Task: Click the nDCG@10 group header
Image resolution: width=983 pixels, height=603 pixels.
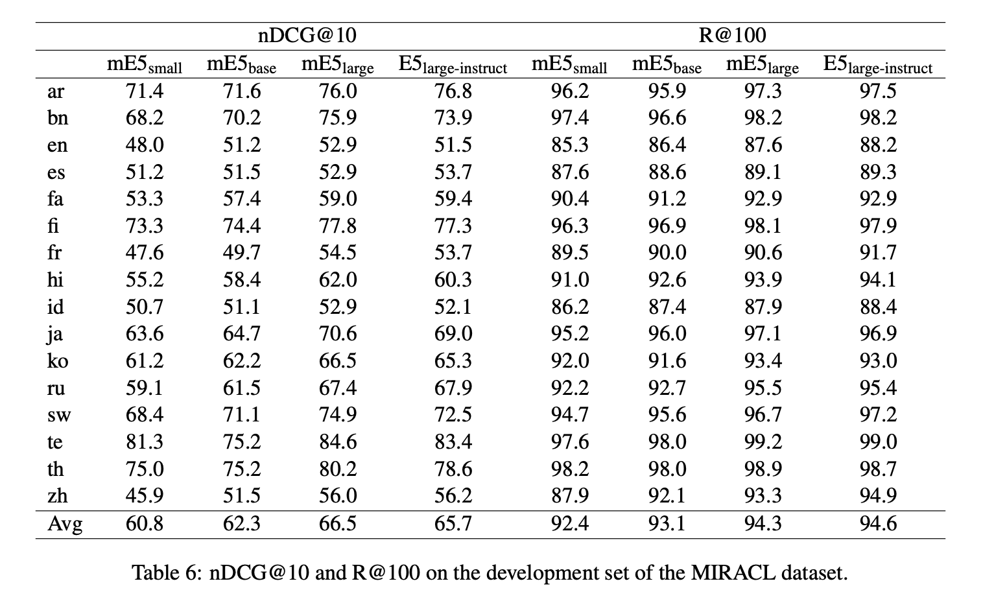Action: pos(307,35)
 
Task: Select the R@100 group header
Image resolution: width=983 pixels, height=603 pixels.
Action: pos(732,35)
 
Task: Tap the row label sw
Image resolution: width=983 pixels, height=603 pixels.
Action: pos(58,414)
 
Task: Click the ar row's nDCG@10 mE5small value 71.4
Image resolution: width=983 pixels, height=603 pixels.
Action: pos(144,91)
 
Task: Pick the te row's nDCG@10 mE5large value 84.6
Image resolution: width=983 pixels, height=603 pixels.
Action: pos(337,442)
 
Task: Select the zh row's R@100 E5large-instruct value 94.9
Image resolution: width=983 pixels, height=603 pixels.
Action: pos(878,496)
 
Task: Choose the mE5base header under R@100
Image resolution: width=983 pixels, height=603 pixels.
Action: pos(667,65)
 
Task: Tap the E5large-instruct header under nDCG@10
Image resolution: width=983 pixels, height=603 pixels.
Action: pos(453,65)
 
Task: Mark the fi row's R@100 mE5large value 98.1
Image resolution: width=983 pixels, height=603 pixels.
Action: pos(763,226)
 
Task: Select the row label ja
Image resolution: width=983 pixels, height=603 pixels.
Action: pos(55,334)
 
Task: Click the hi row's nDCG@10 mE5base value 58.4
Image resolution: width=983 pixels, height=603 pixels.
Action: pos(241,279)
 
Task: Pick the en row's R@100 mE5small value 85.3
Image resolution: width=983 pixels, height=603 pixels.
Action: pos(569,145)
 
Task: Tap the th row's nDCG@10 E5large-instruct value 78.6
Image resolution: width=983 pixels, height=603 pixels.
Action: pos(453,469)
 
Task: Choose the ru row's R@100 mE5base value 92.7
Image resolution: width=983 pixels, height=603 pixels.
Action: pos(667,388)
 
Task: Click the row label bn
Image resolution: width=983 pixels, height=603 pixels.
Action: pos(57,118)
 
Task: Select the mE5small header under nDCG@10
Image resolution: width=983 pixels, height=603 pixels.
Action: pos(144,65)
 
